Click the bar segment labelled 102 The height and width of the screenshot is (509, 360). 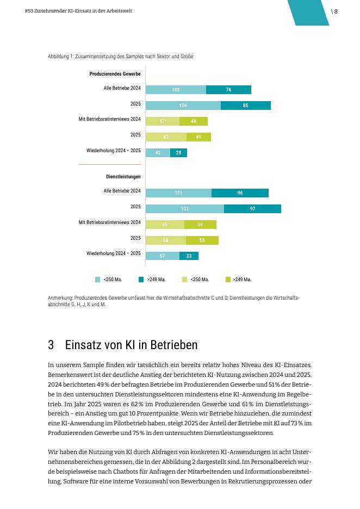[x=176, y=90]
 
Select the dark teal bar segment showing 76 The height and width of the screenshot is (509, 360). [x=228, y=90]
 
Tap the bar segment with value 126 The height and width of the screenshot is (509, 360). [x=183, y=105]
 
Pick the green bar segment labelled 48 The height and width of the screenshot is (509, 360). [x=194, y=121]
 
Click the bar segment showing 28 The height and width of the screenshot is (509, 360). [x=178, y=153]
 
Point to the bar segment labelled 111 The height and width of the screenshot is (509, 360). [x=178, y=193]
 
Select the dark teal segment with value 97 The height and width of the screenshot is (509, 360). [x=252, y=209]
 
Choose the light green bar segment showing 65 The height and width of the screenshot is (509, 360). [x=165, y=224]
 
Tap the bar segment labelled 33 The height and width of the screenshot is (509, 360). [x=189, y=256]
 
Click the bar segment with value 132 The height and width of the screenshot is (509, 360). [x=185, y=209]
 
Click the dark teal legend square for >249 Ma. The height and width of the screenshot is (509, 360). [x=141, y=280]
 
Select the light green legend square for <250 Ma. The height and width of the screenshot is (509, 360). [x=185, y=280]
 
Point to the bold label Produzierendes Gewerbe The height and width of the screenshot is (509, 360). [x=115, y=74]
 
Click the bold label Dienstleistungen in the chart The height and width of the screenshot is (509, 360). [x=123, y=177]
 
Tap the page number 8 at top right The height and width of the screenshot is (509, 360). [x=336, y=11]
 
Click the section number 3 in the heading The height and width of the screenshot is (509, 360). [x=51, y=345]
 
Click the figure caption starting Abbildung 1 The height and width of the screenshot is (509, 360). [x=120, y=57]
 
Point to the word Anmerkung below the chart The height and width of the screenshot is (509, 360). [x=60, y=298]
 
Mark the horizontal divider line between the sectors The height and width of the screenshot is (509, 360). [x=110, y=165]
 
